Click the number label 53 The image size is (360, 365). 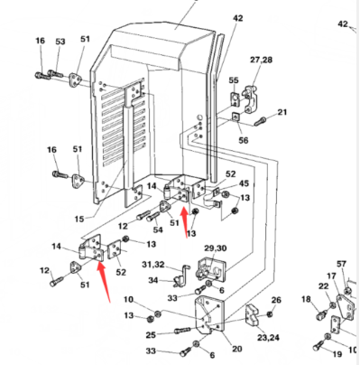point(60,42)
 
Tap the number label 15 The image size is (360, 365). point(79,219)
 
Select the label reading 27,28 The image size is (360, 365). point(262,60)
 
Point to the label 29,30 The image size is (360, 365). point(216,248)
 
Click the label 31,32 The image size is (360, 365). point(153,265)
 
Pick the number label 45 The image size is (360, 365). point(244,183)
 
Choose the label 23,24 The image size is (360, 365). point(268,337)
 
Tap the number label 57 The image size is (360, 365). point(341,264)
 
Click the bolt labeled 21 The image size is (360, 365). point(259,121)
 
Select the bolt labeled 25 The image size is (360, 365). point(182,330)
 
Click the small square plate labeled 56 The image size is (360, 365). point(235,117)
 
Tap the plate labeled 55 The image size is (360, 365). point(235,98)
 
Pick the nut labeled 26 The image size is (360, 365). point(269,314)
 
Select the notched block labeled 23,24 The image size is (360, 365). point(252,315)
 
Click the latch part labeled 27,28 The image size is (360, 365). point(250,98)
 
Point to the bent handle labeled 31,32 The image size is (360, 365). point(182,275)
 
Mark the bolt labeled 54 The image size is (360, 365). point(153,216)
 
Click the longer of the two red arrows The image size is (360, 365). point(104,282)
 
